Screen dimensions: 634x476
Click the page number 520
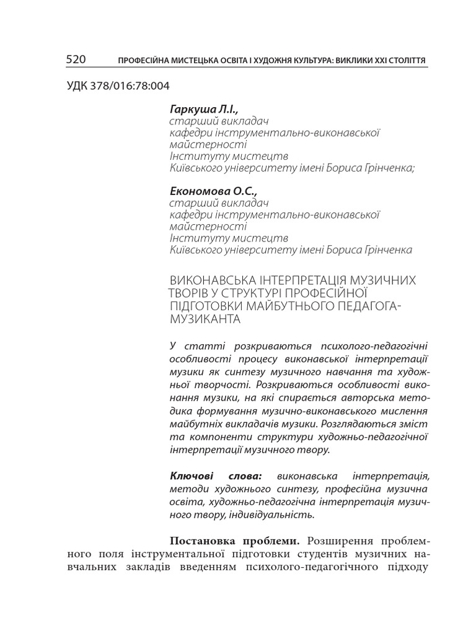point(76,59)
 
